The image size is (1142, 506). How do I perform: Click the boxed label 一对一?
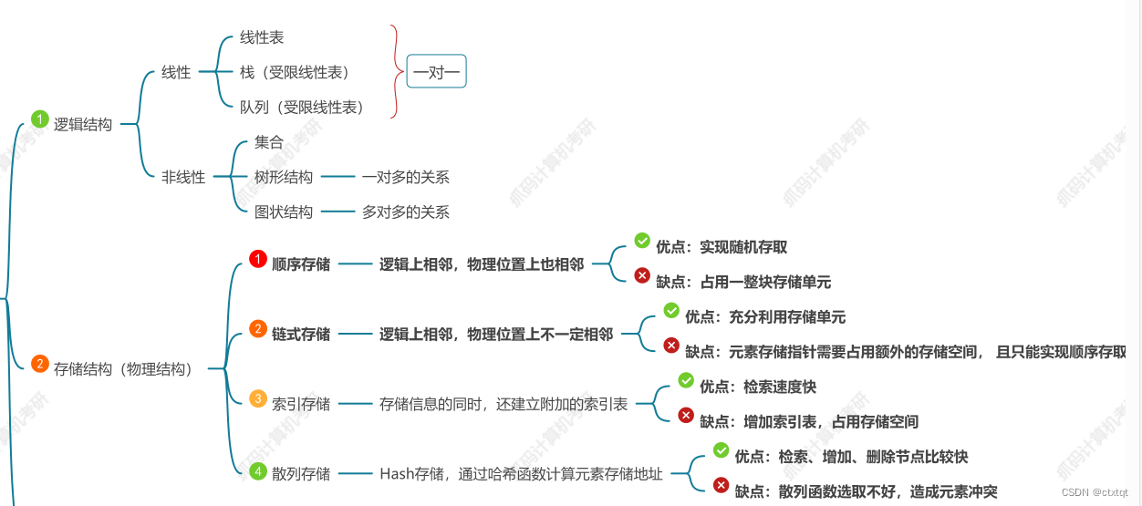(x=436, y=72)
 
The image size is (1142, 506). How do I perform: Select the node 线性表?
(x=262, y=37)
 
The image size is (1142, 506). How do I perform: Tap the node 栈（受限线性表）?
(x=295, y=72)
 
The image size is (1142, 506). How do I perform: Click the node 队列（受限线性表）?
(x=302, y=107)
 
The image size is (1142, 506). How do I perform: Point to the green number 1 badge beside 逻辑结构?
(x=39, y=119)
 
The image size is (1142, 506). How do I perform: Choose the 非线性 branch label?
(x=183, y=177)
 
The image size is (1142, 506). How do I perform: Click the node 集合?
(x=269, y=142)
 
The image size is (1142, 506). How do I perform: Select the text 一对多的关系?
(x=405, y=177)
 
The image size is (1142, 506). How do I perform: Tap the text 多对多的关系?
(x=405, y=212)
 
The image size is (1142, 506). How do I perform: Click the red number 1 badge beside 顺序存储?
(x=258, y=260)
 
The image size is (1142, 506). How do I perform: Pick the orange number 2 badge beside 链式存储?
(x=258, y=329)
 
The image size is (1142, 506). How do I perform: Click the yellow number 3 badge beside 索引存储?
(x=258, y=399)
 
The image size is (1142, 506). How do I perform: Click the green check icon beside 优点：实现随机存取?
(x=642, y=241)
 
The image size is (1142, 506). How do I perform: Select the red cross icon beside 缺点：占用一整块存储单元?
(x=642, y=275)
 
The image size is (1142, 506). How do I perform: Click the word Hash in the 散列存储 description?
(x=397, y=473)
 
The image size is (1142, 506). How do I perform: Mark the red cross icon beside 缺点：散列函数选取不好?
(x=721, y=485)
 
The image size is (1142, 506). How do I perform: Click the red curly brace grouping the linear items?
(x=395, y=72)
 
